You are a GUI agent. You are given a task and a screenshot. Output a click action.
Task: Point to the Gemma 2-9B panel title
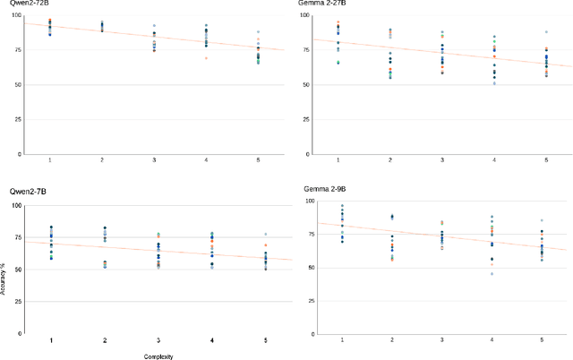tap(317, 191)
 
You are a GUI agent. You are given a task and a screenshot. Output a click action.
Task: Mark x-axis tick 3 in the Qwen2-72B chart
tap(154, 159)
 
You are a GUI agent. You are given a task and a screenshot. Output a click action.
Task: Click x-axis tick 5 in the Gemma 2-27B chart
tap(546, 159)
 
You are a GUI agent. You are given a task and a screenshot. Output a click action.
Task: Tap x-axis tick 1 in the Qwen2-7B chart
tap(50, 341)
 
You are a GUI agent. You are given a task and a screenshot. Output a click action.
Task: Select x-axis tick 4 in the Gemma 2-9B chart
tap(491, 341)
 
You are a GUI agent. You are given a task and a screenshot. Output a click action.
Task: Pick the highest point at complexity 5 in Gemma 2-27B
tap(546, 32)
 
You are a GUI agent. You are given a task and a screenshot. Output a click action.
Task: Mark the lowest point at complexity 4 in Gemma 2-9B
tap(491, 273)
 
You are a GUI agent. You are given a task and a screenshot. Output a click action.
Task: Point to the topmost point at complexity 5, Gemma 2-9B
tap(541, 220)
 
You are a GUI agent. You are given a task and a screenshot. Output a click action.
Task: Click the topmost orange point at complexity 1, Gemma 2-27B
tap(338, 22)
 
